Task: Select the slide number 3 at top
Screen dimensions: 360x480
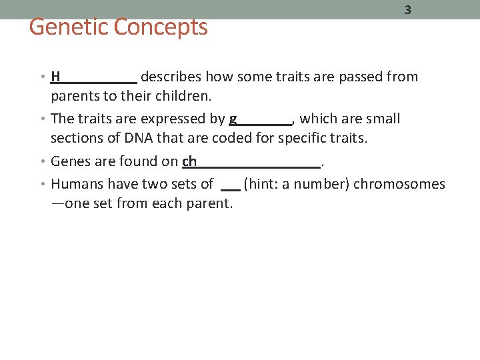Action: point(407,11)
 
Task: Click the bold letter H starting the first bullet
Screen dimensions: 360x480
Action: point(56,77)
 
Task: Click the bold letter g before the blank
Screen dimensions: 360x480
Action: point(233,119)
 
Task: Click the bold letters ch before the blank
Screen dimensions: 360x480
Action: point(189,161)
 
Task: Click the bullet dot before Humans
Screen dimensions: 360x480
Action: point(44,184)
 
